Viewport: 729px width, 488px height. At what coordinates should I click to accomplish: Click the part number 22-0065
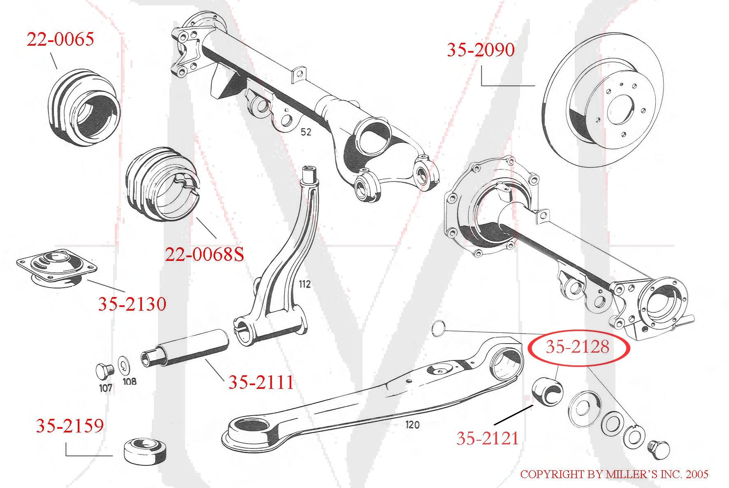[60, 39]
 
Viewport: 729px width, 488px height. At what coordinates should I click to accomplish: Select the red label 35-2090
[481, 50]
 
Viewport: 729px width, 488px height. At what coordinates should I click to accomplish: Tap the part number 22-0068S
[204, 254]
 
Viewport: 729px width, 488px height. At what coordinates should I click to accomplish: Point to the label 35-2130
[132, 304]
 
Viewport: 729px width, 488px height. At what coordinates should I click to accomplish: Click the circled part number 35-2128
[577, 347]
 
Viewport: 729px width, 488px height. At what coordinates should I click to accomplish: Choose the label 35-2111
[261, 382]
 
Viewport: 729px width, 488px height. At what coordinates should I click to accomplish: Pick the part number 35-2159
[70, 425]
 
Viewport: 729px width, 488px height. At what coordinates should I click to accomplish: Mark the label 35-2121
[487, 439]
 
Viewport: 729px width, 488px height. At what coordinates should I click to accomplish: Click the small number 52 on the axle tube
[306, 132]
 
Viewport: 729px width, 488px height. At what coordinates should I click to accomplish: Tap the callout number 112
[305, 284]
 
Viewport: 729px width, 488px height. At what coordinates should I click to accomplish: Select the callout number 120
[412, 424]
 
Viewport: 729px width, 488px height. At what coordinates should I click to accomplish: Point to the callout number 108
[130, 381]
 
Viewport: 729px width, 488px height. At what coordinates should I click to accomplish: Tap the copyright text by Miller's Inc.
[614, 474]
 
